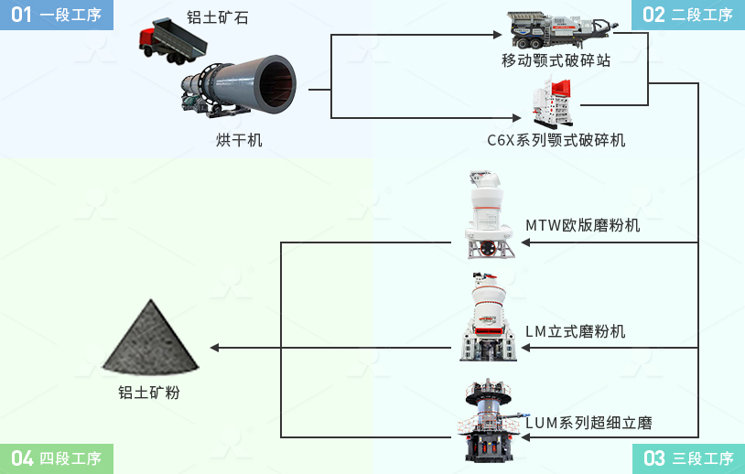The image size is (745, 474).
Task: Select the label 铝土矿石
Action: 217,17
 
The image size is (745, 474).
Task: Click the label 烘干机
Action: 239,140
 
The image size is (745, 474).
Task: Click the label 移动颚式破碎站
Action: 556,60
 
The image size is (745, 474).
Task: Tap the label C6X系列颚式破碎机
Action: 556,140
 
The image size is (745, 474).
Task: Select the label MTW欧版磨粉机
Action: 583,225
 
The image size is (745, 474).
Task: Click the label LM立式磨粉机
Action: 576,331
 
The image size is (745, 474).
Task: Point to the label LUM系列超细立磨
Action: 588,423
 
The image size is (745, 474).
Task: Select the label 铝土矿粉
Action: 149,393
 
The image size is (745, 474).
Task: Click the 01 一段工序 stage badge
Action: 57,15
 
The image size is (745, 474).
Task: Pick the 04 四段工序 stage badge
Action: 57,458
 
